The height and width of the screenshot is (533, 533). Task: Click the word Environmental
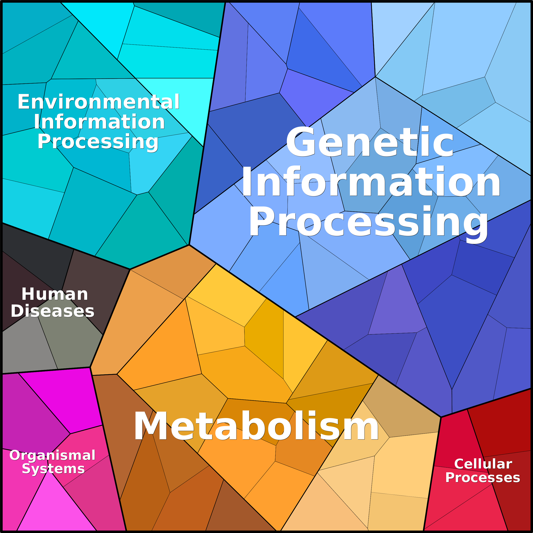pyautogui.click(x=99, y=102)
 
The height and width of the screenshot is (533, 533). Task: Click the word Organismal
pyautogui.click(x=52, y=455)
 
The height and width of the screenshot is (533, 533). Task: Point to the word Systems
pyautogui.click(x=53, y=469)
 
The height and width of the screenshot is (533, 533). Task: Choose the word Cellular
pyautogui.click(x=483, y=464)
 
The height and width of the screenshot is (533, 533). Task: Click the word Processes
pyautogui.click(x=483, y=477)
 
